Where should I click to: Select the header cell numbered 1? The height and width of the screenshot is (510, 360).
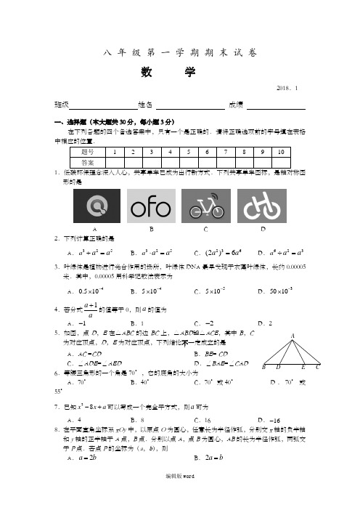(x=115, y=152)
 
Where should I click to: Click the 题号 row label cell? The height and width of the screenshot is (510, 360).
(x=87, y=152)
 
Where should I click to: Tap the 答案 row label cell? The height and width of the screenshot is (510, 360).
(x=87, y=162)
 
